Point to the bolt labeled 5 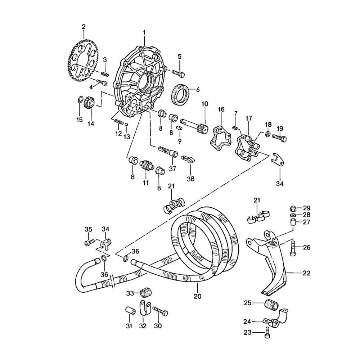point(179,73)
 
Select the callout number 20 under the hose point(197,296)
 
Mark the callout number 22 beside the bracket point(306,273)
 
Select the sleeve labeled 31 point(130,310)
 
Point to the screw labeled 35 point(89,243)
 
